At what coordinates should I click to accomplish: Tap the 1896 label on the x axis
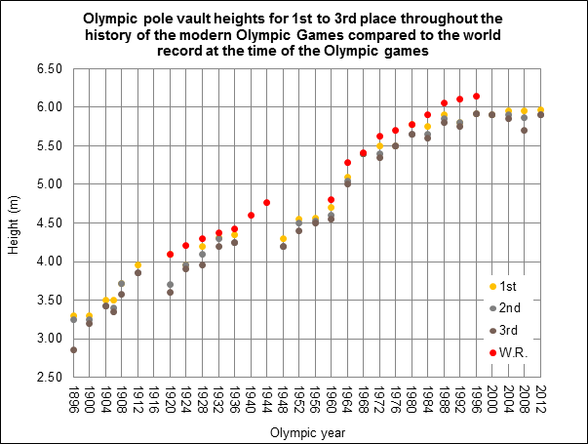pyautogui.click(x=73, y=399)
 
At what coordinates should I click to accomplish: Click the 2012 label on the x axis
pyautogui.click(x=541, y=399)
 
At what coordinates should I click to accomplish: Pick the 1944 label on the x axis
pyautogui.click(x=267, y=399)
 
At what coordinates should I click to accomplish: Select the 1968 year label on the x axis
pyautogui.click(x=364, y=399)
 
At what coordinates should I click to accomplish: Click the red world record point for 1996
pyautogui.click(x=476, y=97)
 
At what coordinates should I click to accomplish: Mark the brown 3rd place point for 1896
pyautogui.click(x=73, y=349)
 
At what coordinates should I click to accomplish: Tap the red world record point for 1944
pyautogui.click(x=266, y=202)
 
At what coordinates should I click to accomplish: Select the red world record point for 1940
pyautogui.click(x=251, y=216)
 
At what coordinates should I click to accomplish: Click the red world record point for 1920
pyautogui.click(x=170, y=255)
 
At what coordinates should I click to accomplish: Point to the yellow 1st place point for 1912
pyautogui.click(x=137, y=265)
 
